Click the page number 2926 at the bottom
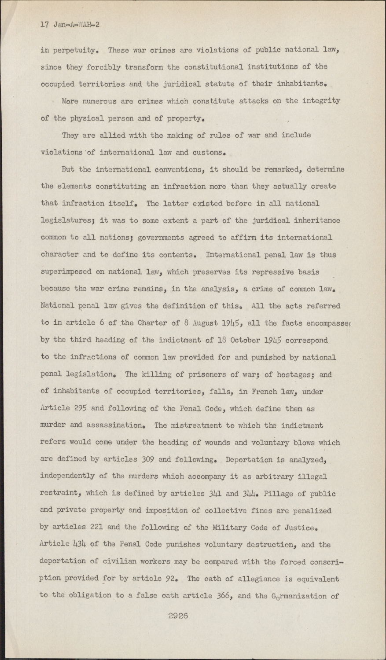tap(178, 616)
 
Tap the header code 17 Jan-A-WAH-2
tap(70, 25)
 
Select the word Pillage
tap(279, 494)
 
